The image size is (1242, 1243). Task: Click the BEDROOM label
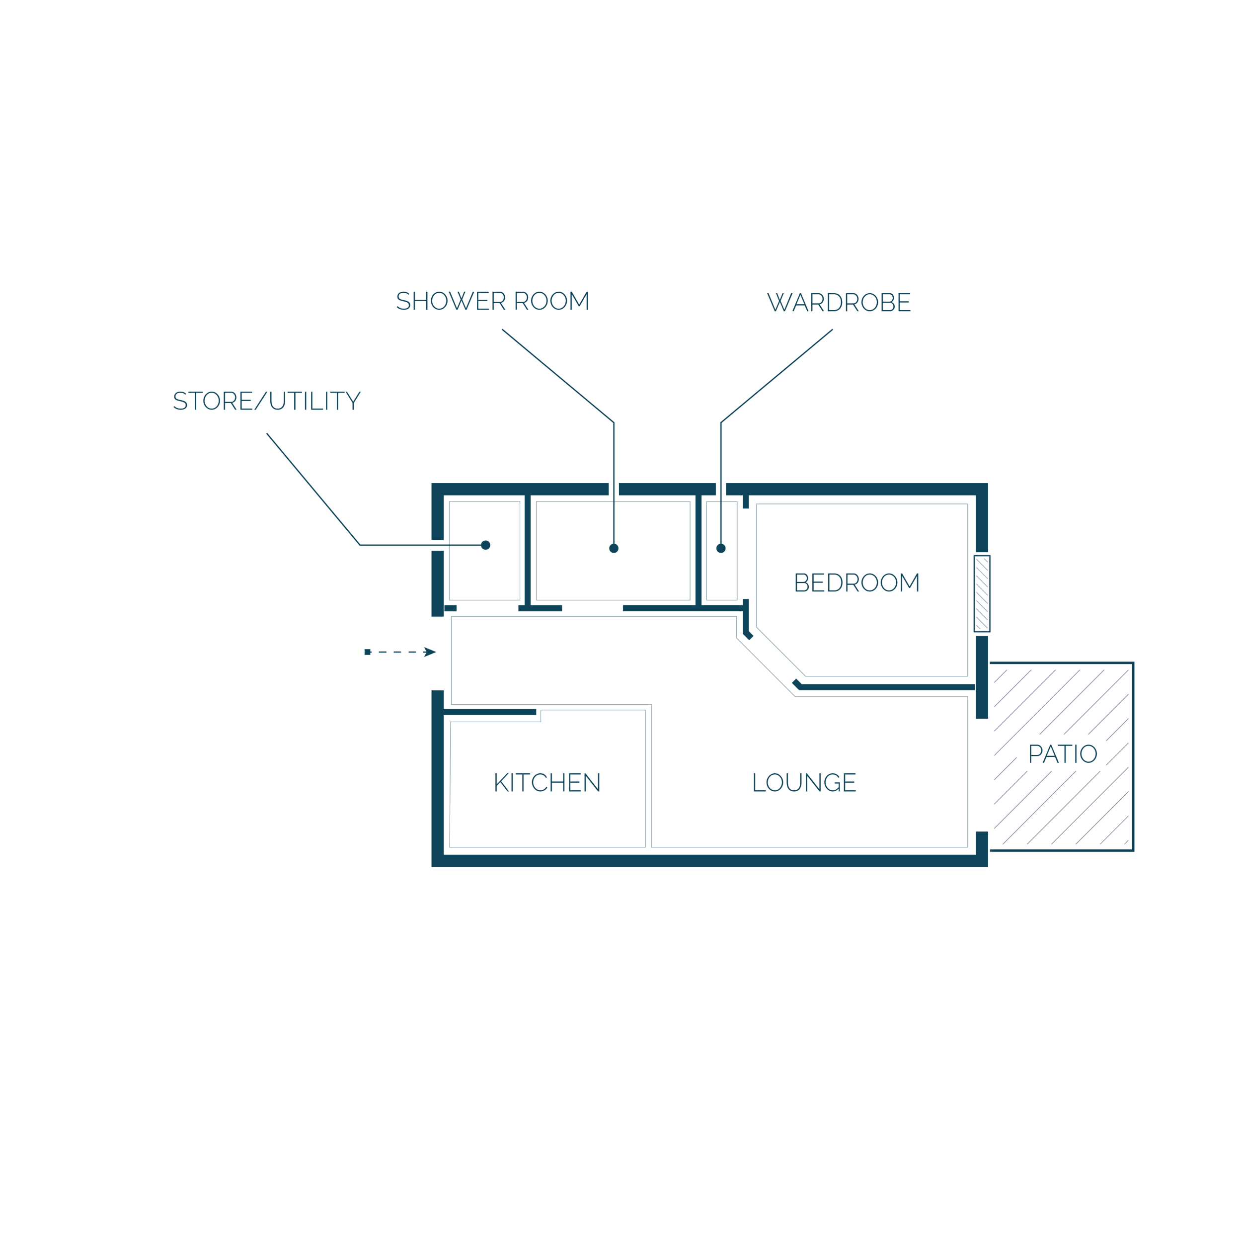tap(856, 582)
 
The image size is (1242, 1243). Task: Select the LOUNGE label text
tap(804, 782)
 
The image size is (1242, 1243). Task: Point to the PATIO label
tap(1063, 753)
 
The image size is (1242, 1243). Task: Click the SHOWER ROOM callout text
tap(493, 301)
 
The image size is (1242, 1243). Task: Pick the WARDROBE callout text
tap(839, 302)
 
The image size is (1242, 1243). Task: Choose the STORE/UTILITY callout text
tap(267, 400)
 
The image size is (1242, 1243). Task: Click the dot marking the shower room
tap(614, 548)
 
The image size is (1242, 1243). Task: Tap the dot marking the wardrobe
tap(721, 548)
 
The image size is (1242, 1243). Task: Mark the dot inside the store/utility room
tap(485, 545)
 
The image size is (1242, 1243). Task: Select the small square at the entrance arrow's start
tap(367, 652)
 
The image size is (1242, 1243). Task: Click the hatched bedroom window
tap(982, 593)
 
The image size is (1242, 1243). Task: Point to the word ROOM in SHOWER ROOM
tap(552, 301)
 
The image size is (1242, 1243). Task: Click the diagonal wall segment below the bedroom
tap(796, 684)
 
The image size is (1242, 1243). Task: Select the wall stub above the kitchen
tap(489, 712)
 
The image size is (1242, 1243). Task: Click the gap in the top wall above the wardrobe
tap(721, 489)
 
